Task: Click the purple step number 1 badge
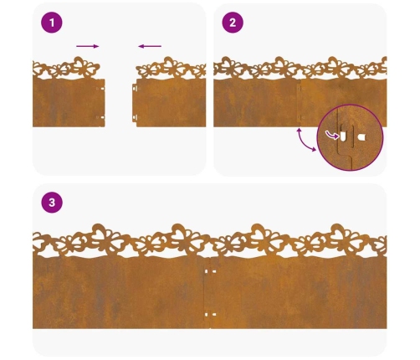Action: pyautogui.click(x=52, y=23)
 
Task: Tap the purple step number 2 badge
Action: pyautogui.click(x=233, y=23)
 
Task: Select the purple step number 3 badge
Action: pyautogui.click(x=52, y=203)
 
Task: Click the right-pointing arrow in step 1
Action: pyautogui.click(x=88, y=46)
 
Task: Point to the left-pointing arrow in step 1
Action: pyautogui.click(x=150, y=46)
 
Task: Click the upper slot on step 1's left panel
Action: pyautogui.click(x=102, y=89)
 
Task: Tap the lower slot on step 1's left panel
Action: pyautogui.click(x=102, y=117)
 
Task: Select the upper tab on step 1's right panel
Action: pyautogui.click(x=135, y=88)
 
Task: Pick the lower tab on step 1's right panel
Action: pyautogui.click(x=135, y=118)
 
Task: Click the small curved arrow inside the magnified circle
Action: pyautogui.click(x=332, y=136)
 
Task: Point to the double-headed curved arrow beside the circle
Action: pyautogui.click(x=305, y=140)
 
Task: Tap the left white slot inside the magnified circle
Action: pyautogui.click(x=343, y=136)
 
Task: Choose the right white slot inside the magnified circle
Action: pyautogui.click(x=361, y=137)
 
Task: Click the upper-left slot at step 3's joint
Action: pyautogui.click(x=207, y=271)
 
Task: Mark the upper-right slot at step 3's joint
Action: pyautogui.click(x=214, y=271)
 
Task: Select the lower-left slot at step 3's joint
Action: pyautogui.click(x=207, y=315)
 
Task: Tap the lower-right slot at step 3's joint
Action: pyautogui.click(x=214, y=315)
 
